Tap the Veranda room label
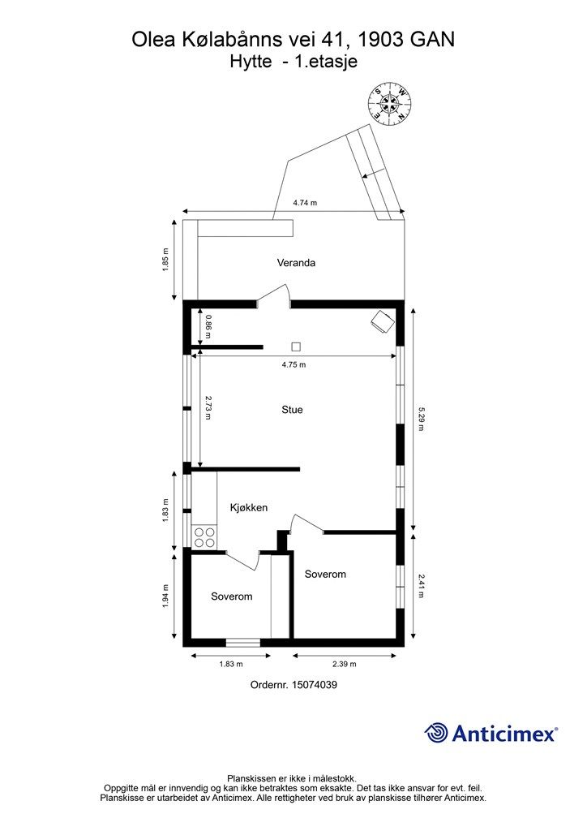click(x=295, y=263)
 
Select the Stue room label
click(x=292, y=410)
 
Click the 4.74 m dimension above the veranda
click(x=305, y=203)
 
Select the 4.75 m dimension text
click(x=293, y=364)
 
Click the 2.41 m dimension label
click(x=421, y=586)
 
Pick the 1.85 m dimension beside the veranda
click(x=166, y=260)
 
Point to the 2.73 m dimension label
click(x=208, y=407)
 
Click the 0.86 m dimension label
click(x=208, y=325)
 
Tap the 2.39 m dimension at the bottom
click(x=344, y=664)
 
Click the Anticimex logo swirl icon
click(x=436, y=733)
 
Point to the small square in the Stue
click(x=296, y=345)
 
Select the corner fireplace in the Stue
click(x=381, y=321)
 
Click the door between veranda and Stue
click(x=276, y=297)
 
